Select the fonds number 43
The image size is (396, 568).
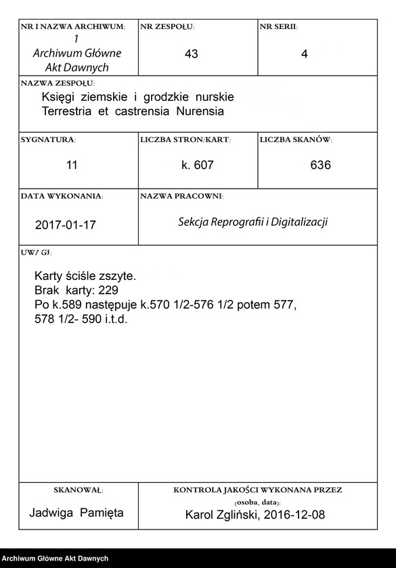pyautogui.click(x=191, y=54)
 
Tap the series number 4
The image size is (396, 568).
pyautogui.click(x=304, y=54)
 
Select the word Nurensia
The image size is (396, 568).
pyautogui.click(x=199, y=110)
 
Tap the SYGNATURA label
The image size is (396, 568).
pyautogui.click(x=48, y=139)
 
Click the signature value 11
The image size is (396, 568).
pyautogui.click(x=72, y=165)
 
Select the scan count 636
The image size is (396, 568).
pyautogui.click(x=320, y=165)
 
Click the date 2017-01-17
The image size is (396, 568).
pyautogui.click(x=65, y=225)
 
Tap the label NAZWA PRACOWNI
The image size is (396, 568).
pyautogui.click(x=181, y=196)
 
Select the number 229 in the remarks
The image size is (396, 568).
pyautogui.click(x=106, y=290)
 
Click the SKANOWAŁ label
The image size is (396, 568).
pyautogui.click(x=78, y=489)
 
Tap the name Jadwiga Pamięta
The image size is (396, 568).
pyautogui.click(x=76, y=513)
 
